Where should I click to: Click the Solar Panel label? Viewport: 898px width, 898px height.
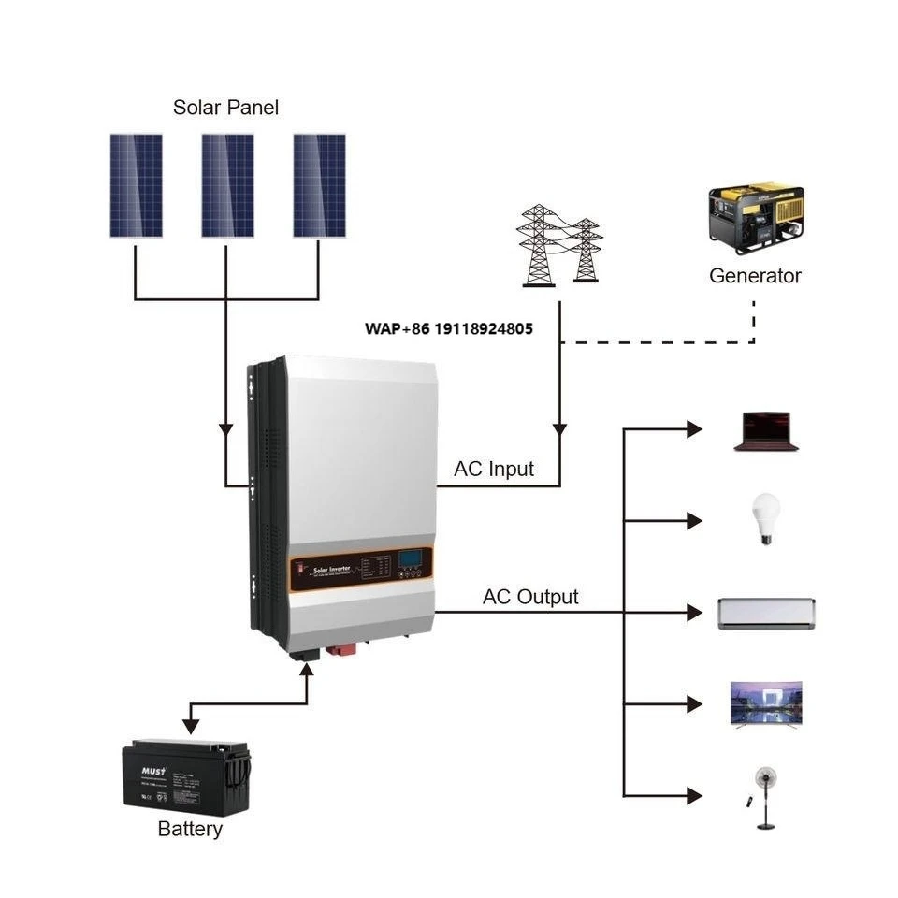coord(225,108)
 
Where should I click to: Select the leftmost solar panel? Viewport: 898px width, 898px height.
coord(136,185)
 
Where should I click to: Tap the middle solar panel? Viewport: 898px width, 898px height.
coord(227,185)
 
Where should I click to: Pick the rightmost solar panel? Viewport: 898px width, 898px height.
coord(319,185)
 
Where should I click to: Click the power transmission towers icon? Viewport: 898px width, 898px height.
coord(560,244)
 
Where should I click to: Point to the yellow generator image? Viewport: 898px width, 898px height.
coord(756,217)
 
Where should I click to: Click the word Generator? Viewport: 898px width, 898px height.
coord(755,276)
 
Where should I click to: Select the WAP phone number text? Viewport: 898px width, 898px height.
coord(449,328)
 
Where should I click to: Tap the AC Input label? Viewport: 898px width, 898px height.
coord(494,469)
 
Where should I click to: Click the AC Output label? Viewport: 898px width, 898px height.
coord(530,597)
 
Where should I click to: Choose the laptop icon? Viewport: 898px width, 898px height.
coord(765,432)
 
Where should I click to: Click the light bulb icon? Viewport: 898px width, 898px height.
coord(766,519)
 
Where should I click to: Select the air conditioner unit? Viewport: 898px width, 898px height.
coord(766,613)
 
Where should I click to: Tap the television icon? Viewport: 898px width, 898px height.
coord(765,703)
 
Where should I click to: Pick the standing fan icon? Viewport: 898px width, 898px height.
coord(765,796)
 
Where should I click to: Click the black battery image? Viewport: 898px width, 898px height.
coord(187,775)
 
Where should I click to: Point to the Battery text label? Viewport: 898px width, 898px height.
coord(190,829)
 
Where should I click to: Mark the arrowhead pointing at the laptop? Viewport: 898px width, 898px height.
coord(693,429)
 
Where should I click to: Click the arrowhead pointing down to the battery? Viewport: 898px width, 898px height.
coord(190,725)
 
